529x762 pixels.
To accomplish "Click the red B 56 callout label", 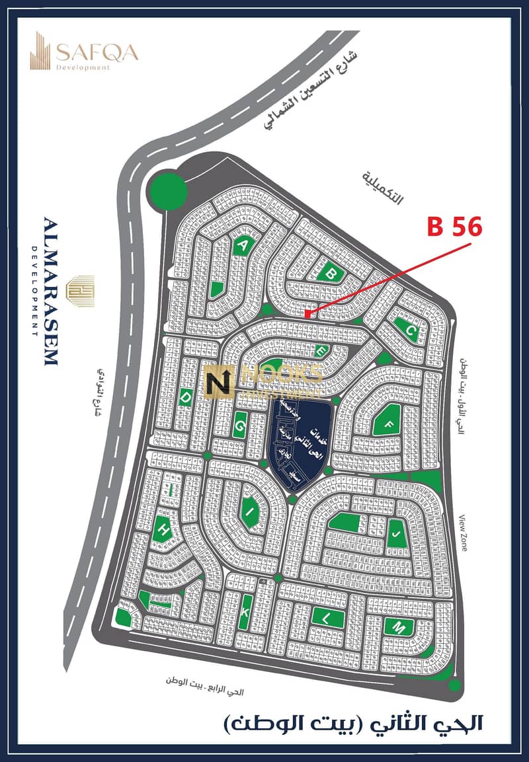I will (x=455, y=227).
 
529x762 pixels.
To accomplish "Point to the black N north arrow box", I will (x=218, y=383).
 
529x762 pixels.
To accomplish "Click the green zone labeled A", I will (x=244, y=245).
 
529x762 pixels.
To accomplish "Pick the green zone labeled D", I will (x=186, y=397).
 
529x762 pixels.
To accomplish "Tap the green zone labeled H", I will (x=161, y=529).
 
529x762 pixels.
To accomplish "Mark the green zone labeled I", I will (x=250, y=511).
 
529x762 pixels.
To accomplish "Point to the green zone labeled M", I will (x=399, y=627).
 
